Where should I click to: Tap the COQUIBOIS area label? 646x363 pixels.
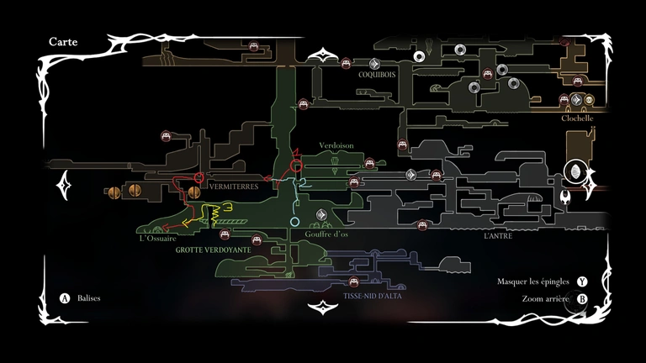(x=376, y=74)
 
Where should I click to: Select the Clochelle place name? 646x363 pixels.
(x=578, y=118)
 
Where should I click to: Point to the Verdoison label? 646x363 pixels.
(x=336, y=145)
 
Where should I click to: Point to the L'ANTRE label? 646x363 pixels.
(x=498, y=236)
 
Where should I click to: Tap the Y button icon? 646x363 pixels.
(x=582, y=281)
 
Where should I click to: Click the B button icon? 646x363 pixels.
(x=582, y=298)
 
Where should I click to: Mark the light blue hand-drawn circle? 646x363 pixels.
(x=294, y=222)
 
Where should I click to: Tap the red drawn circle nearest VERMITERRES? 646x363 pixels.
(x=200, y=178)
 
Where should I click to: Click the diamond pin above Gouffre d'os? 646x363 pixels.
(x=321, y=215)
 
